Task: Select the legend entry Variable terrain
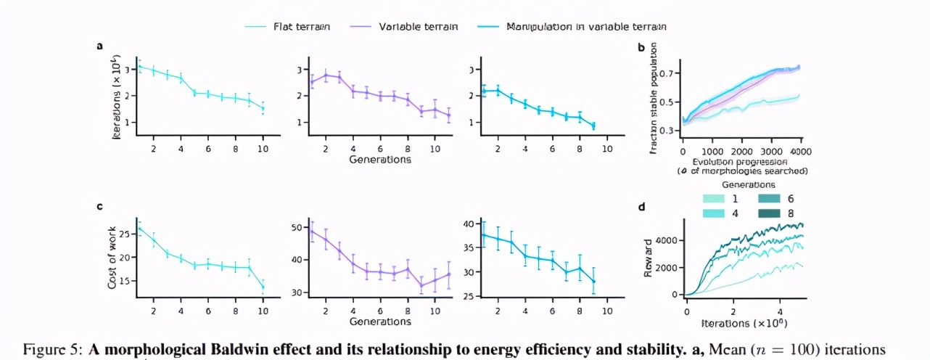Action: (x=418, y=27)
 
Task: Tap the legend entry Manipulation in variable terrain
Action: (x=586, y=27)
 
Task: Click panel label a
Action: (x=99, y=46)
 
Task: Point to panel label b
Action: (x=641, y=48)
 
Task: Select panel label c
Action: (x=99, y=206)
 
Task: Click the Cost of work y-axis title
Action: (x=112, y=258)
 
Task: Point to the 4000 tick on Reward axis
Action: (x=668, y=240)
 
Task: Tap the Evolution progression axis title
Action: (x=740, y=161)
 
